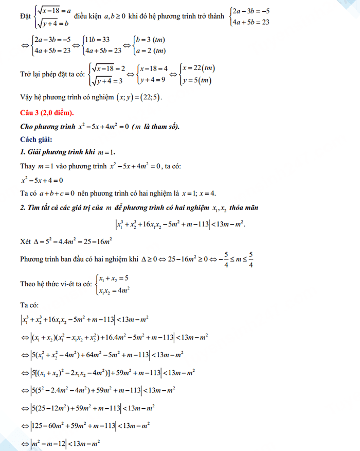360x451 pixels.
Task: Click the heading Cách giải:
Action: (36, 140)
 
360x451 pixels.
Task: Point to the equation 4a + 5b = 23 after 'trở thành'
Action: (250, 22)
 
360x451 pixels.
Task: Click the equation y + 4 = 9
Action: (153, 80)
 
